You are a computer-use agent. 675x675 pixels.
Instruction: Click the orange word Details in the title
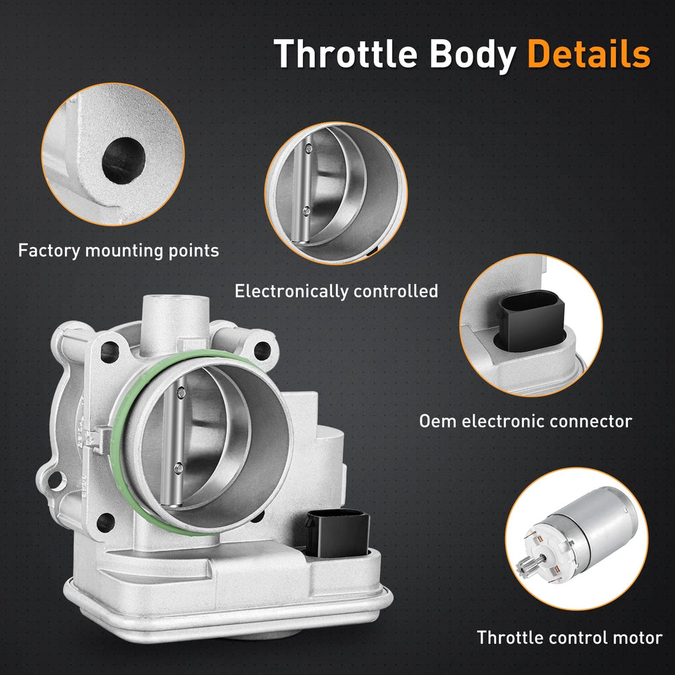click(589, 54)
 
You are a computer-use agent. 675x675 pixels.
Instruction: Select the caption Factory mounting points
click(119, 251)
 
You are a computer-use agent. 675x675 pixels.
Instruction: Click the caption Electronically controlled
click(336, 292)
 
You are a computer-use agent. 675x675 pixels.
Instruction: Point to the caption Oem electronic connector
click(525, 422)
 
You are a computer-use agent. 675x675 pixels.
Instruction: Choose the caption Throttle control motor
click(570, 637)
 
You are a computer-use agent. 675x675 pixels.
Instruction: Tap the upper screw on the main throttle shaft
click(182, 390)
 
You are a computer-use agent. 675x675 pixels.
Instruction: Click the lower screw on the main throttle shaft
click(177, 468)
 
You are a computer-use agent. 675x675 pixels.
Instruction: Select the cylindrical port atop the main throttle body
click(174, 317)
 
